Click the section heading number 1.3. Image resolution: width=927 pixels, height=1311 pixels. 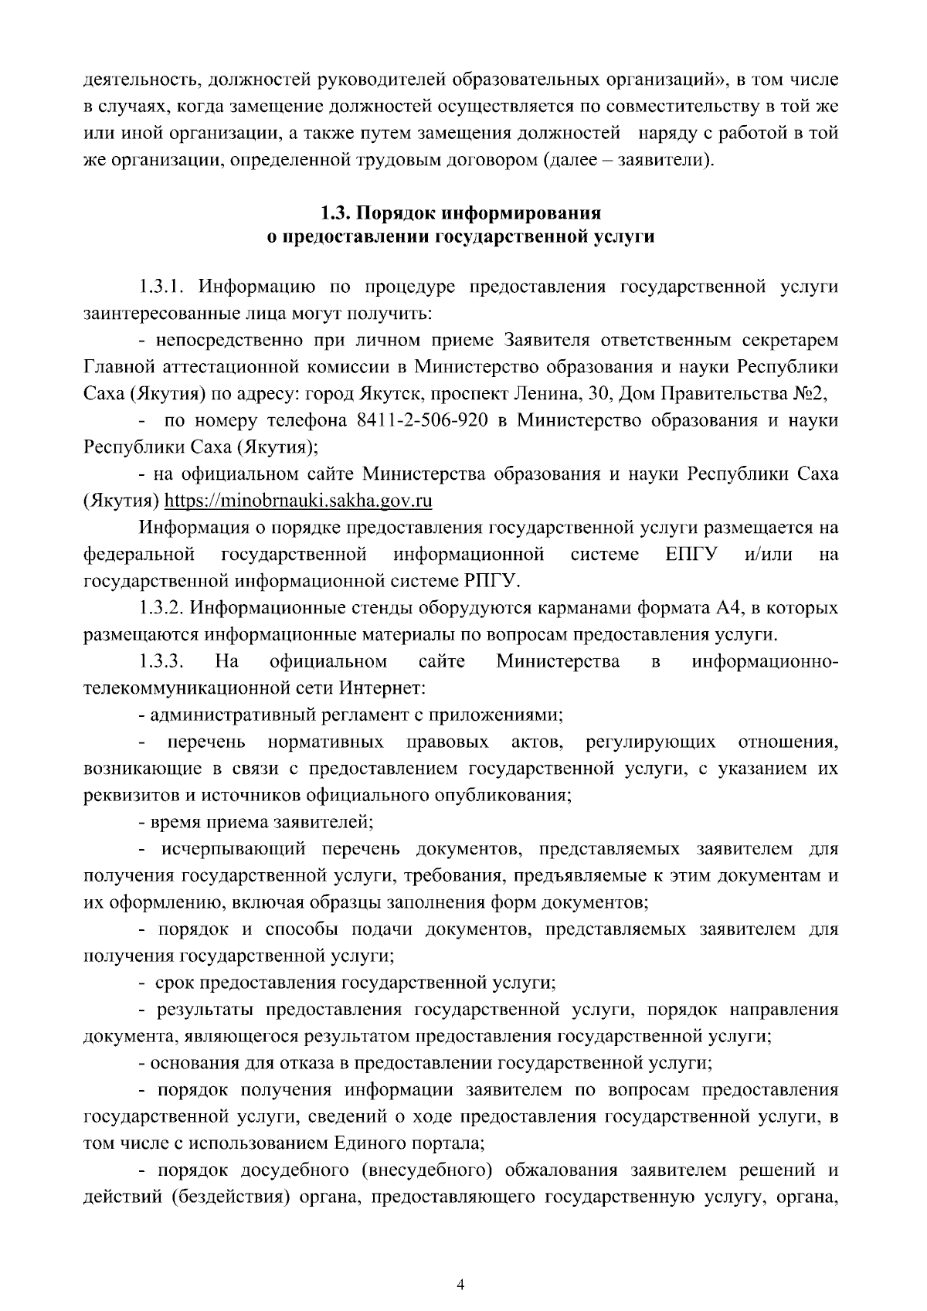pyautogui.click(x=336, y=211)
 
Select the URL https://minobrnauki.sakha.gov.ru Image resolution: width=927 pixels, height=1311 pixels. pyautogui.click(x=299, y=501)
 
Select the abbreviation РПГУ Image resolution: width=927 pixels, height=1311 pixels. pyautogui.click(x=494, y=580)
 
